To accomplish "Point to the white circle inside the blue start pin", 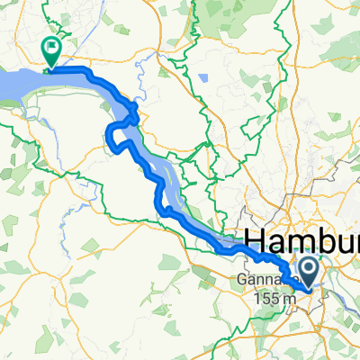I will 308,268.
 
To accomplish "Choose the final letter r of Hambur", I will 355,242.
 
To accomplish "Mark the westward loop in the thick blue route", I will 112,137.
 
